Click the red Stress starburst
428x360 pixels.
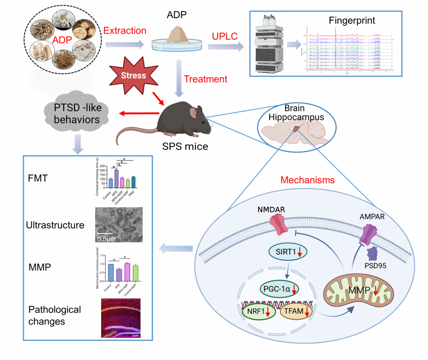pos(133,74)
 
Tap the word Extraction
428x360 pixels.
pos(125,31)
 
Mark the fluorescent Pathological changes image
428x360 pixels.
pos(121,318)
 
